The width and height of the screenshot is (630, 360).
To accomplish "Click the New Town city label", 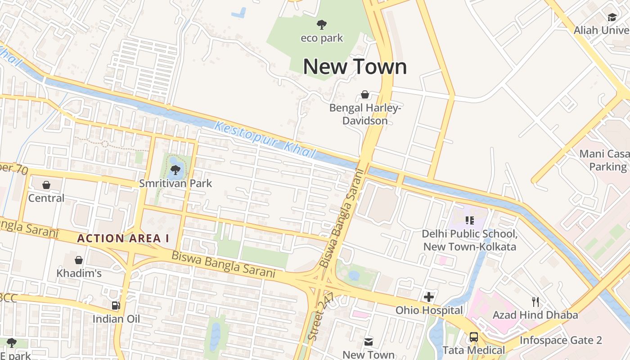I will pos(355,67).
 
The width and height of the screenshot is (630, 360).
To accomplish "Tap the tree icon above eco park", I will pos(321,25).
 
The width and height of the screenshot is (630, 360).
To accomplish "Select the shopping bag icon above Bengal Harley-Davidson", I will pos(365,94).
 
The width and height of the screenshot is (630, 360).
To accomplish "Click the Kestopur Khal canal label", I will pos(265,139).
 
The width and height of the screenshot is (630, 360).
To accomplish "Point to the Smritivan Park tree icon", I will pos(175,170).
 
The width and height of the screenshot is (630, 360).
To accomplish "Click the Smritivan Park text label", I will pos(175,184).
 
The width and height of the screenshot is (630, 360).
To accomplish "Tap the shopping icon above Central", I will pos(46,185).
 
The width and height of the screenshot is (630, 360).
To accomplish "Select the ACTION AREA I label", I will pos(123,238).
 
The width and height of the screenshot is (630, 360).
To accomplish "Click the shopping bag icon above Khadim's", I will pos(79,260).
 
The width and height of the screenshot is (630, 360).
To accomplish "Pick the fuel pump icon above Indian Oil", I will pos(116,306).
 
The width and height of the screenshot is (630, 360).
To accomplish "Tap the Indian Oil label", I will pos(116,319).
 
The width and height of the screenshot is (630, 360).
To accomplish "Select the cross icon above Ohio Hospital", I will pos(429,297).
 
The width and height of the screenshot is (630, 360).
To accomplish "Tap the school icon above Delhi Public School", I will pos(470,220).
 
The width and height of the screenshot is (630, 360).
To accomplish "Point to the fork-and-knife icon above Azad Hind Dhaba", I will pos(535,301).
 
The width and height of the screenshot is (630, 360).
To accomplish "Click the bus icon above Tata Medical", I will pos(473,337).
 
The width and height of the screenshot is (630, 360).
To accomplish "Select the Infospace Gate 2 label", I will pos(561,340).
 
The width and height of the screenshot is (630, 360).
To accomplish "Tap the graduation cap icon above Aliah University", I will pos(612,17).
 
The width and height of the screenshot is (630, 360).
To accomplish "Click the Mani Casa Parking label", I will pos(604,160).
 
